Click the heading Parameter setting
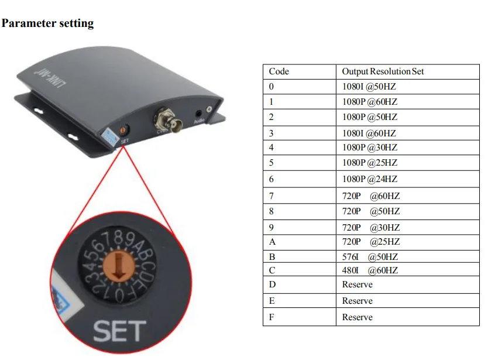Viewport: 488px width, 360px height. [x=48, y=23]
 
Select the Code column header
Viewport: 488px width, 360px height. [x=279, y=71]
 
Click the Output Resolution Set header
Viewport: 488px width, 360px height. [x=383, y=71]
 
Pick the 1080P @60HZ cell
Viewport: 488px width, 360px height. [x=369, y=101]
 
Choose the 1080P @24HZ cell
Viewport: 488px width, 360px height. [x=369, y=179]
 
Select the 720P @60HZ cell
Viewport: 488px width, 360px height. [x=371, y=196]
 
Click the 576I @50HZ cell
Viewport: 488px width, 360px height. [x=370, y=257]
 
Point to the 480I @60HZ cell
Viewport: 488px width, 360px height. [x=370, y=270]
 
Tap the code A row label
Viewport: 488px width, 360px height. [x=272, y=242]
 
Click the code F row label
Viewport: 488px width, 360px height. [x=272, y=317]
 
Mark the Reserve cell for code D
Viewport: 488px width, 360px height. [x=357, y=284]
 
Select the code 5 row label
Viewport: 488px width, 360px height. [x=272, y=163]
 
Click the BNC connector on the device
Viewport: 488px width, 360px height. [x=166, y=119]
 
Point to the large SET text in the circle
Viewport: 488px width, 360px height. [x=119, y=331]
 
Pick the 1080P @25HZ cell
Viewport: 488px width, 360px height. [x=369, y=163]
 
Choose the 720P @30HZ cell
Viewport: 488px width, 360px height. [x=371, y=227]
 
